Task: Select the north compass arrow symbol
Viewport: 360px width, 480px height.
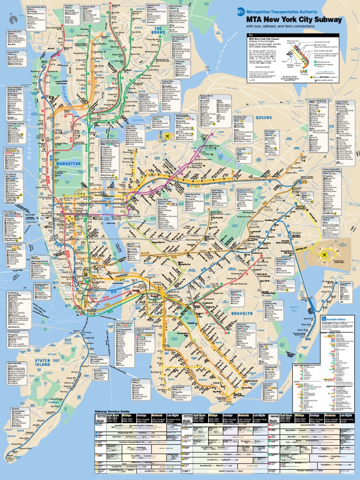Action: pyautogui.click(x=13, y=19)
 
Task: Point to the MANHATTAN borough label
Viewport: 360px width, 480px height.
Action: pyautogui.click(x=69, y=164)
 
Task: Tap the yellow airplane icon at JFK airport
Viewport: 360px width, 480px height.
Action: pyautogui.click(x=323, y=254)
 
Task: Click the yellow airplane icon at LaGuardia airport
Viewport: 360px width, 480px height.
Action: pyautogui.click(x=167, y=136)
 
